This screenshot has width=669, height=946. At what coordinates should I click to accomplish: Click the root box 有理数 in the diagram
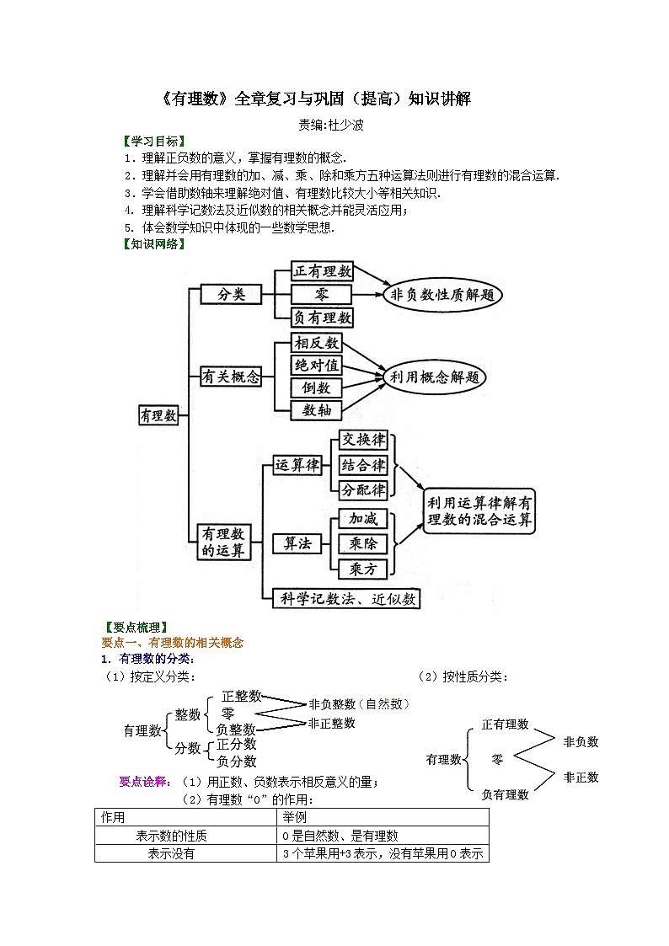(159, 415)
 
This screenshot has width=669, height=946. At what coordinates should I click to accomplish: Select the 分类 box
(232, 295)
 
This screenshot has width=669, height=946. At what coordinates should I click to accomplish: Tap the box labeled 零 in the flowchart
(322, 295)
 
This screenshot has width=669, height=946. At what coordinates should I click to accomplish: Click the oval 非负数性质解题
(443, 295)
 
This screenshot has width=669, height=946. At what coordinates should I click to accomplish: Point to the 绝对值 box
(317, 365)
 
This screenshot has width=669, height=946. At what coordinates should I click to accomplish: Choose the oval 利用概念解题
(434, 377)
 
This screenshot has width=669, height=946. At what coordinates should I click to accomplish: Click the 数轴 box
(317, 410)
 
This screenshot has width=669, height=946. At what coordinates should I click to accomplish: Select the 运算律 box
(297, 465)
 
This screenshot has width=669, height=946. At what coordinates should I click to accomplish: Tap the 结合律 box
(363, 465)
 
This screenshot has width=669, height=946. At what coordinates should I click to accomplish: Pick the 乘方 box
(363, 569)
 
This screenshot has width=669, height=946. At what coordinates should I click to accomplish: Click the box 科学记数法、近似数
(347, 598)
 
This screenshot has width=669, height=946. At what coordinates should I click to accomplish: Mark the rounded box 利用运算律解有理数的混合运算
(479, 511)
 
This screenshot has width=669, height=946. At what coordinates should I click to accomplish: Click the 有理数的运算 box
(223, 542)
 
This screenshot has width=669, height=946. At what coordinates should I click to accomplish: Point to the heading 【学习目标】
(154, 142)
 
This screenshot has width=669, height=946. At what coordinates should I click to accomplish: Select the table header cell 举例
(295, 817)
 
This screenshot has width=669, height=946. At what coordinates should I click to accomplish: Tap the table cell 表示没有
(171, 853)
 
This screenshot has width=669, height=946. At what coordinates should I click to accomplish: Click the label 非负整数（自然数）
(360, 704)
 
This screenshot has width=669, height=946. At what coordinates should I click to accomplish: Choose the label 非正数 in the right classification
(581, 777)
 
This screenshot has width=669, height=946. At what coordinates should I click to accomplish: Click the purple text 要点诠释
(143, 782)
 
